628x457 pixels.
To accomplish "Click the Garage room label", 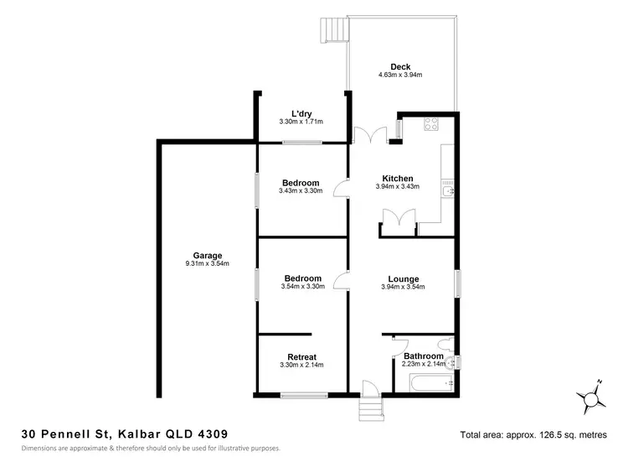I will pyautogui.click(x=207, y=255).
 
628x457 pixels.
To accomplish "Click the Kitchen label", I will pyautogui.click(x=397, y=179).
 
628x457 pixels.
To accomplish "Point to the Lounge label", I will pyautogui.click(x=403, y=278).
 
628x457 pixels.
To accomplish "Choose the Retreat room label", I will pyautogui.click(x=301, y=356).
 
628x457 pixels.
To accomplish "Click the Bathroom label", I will pyautogui.click(x=424, y=356).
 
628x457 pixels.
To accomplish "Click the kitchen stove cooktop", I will pyautogui.click(x=432, y=125).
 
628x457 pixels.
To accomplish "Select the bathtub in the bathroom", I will pyautogui.click(x=425, y=384).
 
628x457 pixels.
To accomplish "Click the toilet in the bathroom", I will pyautogui.click(x=450, y=362).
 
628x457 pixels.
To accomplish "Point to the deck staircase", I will pyautogui.click(x=332, y=32).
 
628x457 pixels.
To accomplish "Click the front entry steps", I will pyautogui.click(x=370, y=410).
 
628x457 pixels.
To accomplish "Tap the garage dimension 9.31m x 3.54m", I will pyautogui.click(x=207, y=264).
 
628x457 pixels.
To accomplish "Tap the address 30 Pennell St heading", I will pyautogui.click(x=124, y=434).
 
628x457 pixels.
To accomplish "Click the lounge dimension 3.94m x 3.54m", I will pyautogui.click(x=403, y=288).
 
